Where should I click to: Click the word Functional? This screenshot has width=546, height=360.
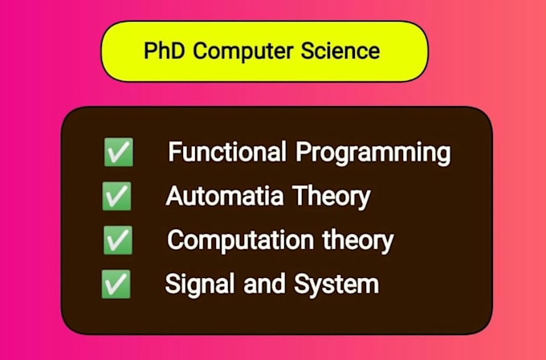(x=226, y=152)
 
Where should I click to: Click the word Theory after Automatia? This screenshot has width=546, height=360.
(x=330, y=197)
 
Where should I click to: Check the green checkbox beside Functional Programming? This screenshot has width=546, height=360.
(x=118, y=152)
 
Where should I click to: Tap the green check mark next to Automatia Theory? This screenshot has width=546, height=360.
(x=117, y=195)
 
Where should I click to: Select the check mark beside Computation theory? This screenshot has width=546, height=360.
(x=118, y=239)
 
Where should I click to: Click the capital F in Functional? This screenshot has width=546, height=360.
(x=174, y=151)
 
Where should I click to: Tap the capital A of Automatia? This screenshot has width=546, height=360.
(x=173, y=195)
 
